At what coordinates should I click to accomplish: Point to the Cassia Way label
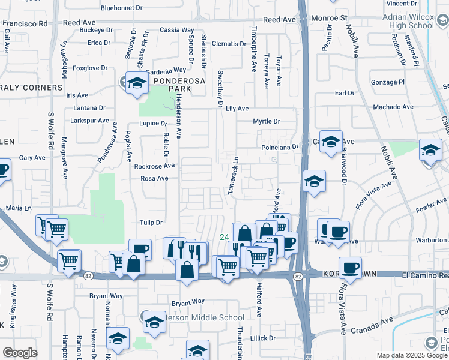point(177,29)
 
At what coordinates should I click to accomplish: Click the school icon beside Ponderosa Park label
point(137,84)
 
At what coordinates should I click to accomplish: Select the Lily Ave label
point(238,108)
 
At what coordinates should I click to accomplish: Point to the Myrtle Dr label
point(267,121)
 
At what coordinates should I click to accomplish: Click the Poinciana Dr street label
point(279,147)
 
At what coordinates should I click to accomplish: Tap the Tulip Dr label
point(151,222)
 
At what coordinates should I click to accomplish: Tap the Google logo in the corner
point(20,353)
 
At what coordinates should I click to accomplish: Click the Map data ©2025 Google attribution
point(412,355)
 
